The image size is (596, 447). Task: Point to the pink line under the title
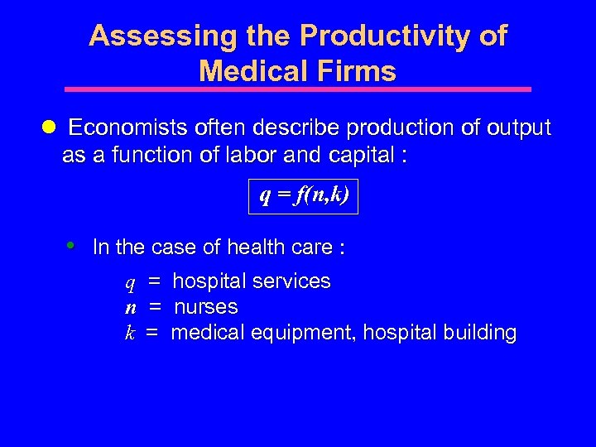[x=298, y=89]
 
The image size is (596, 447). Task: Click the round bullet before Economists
[x=48, y=127]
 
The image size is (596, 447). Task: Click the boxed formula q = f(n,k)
[x=304, y=196]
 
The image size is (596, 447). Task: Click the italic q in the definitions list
[x=130, y=283]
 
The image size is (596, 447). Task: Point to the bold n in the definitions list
[x=130, y=308]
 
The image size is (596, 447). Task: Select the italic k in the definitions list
[x=130, y=333]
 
